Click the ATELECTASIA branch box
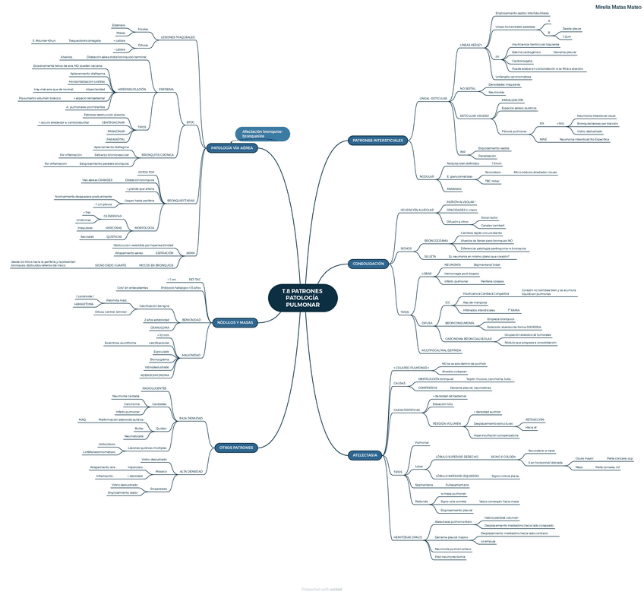click(x=365, y=454)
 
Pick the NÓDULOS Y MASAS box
click(x=235, y=322)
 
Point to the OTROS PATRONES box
click(x=235, y=447)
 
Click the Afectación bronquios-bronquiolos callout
click(x=262, y=133)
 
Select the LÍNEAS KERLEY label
click(x=471, y=45)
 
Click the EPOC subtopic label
click(x=190, y=122)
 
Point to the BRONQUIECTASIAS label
click(x=181, y=200)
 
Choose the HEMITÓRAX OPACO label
click(x=407, y=537)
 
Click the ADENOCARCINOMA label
click(x=154, y=375)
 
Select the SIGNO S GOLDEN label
click(x=504, y=456)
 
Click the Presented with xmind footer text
click(x=321, y=589)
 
